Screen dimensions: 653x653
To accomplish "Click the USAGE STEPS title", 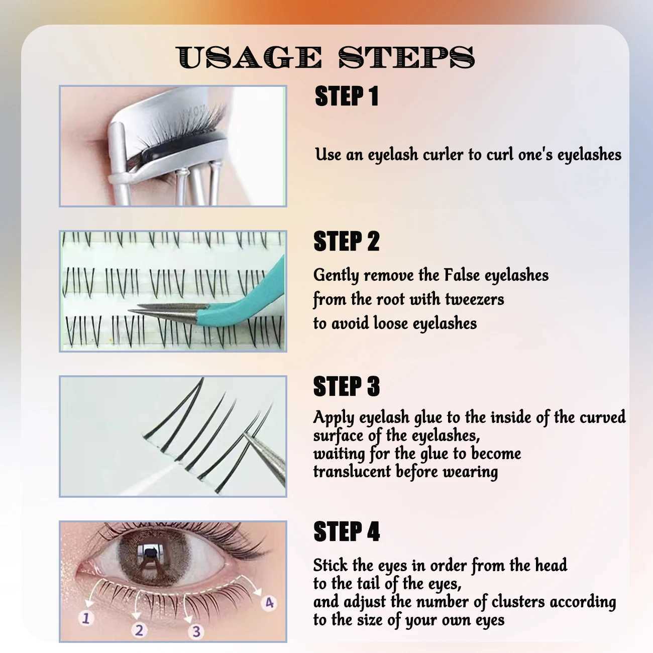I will [x=325, y=57].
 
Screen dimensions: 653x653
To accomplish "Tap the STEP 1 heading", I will [x=347, y=96].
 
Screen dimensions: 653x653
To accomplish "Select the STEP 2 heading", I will [x=347, y=242].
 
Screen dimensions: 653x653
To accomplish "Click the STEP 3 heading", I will [x=347, y=387].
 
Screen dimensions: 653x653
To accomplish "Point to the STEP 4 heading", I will [x=347, y=531].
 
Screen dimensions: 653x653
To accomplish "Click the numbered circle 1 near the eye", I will [x=86, y=617].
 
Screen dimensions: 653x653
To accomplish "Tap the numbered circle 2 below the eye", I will [x=139, y=630].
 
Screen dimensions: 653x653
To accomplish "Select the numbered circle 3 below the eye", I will [x=196, y=631].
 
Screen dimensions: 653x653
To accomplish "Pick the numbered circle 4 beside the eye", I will [x=270, y=602].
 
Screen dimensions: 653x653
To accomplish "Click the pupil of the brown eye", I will [x=149, y=554].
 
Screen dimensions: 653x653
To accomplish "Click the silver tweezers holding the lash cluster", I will [x=266, y=455].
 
